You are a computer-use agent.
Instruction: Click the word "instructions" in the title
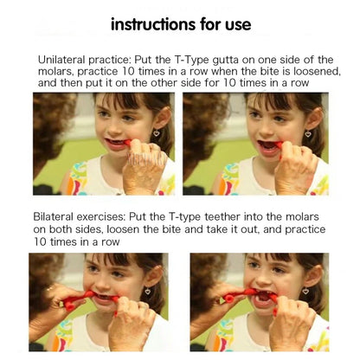[151, 23]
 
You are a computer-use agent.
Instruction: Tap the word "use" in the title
[233, 23]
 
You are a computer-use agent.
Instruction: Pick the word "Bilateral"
[55, 216]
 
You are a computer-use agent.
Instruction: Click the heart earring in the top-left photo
[157, 134]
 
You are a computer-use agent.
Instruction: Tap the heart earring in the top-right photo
[307, 134]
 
